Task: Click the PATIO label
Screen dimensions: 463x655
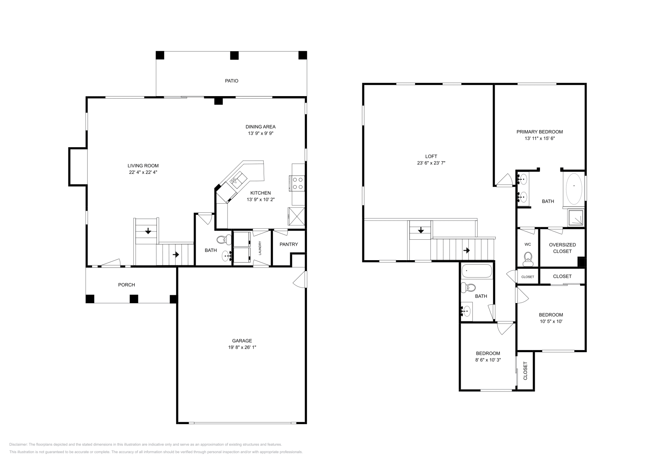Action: coord(231,81)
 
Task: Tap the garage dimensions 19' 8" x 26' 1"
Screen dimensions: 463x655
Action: coord(242,347)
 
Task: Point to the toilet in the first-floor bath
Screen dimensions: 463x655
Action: coord(223,240)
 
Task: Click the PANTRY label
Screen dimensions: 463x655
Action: coord(289,244)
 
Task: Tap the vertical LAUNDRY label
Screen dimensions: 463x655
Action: coord(260,248)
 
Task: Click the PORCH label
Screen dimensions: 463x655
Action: coord(126,285)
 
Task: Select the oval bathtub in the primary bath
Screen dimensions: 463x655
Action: coord(574,189)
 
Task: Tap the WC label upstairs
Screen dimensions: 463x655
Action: coord(528,244)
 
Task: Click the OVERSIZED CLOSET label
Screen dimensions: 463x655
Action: coord(562,248)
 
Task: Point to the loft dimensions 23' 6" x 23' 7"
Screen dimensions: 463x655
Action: coord(431,163)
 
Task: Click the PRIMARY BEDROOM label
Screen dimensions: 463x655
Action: coord(539,132)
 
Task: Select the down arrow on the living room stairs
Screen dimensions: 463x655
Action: coord(148,231)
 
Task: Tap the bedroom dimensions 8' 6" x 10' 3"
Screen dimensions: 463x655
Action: coord(488,360)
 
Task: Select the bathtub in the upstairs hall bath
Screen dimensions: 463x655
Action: coord(477,271)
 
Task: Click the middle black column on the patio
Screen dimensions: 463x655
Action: coord(234,55)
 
